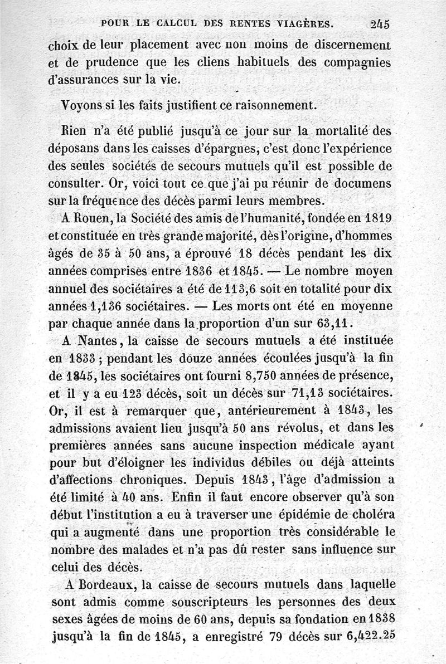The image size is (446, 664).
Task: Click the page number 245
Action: (x=379, y=23)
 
